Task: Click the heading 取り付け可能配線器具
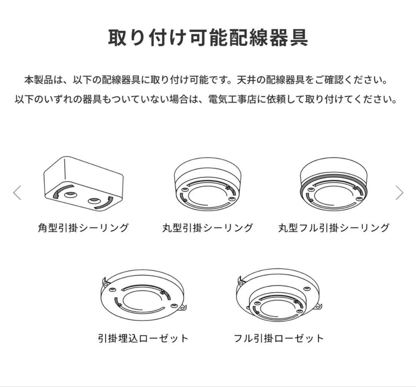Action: click(x=208, y=37)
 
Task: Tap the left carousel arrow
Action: click(x=17, y=193)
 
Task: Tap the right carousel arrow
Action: click(x=399, y=193)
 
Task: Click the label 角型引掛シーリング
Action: click(x=83, y=228)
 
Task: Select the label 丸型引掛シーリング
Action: click(x=208, y=228)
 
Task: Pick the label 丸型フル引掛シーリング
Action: click(x=334, y=228)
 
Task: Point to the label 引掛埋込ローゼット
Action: click(x=143, y=338)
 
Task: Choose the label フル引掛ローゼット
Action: click(x=279, y=338)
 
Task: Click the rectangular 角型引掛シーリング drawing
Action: click(x=83, y=183)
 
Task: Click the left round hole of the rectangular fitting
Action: click(x=70, y=195)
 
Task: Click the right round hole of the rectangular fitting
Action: click(x=94, y=201)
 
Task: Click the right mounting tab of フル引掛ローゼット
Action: click(x=319, y=307)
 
